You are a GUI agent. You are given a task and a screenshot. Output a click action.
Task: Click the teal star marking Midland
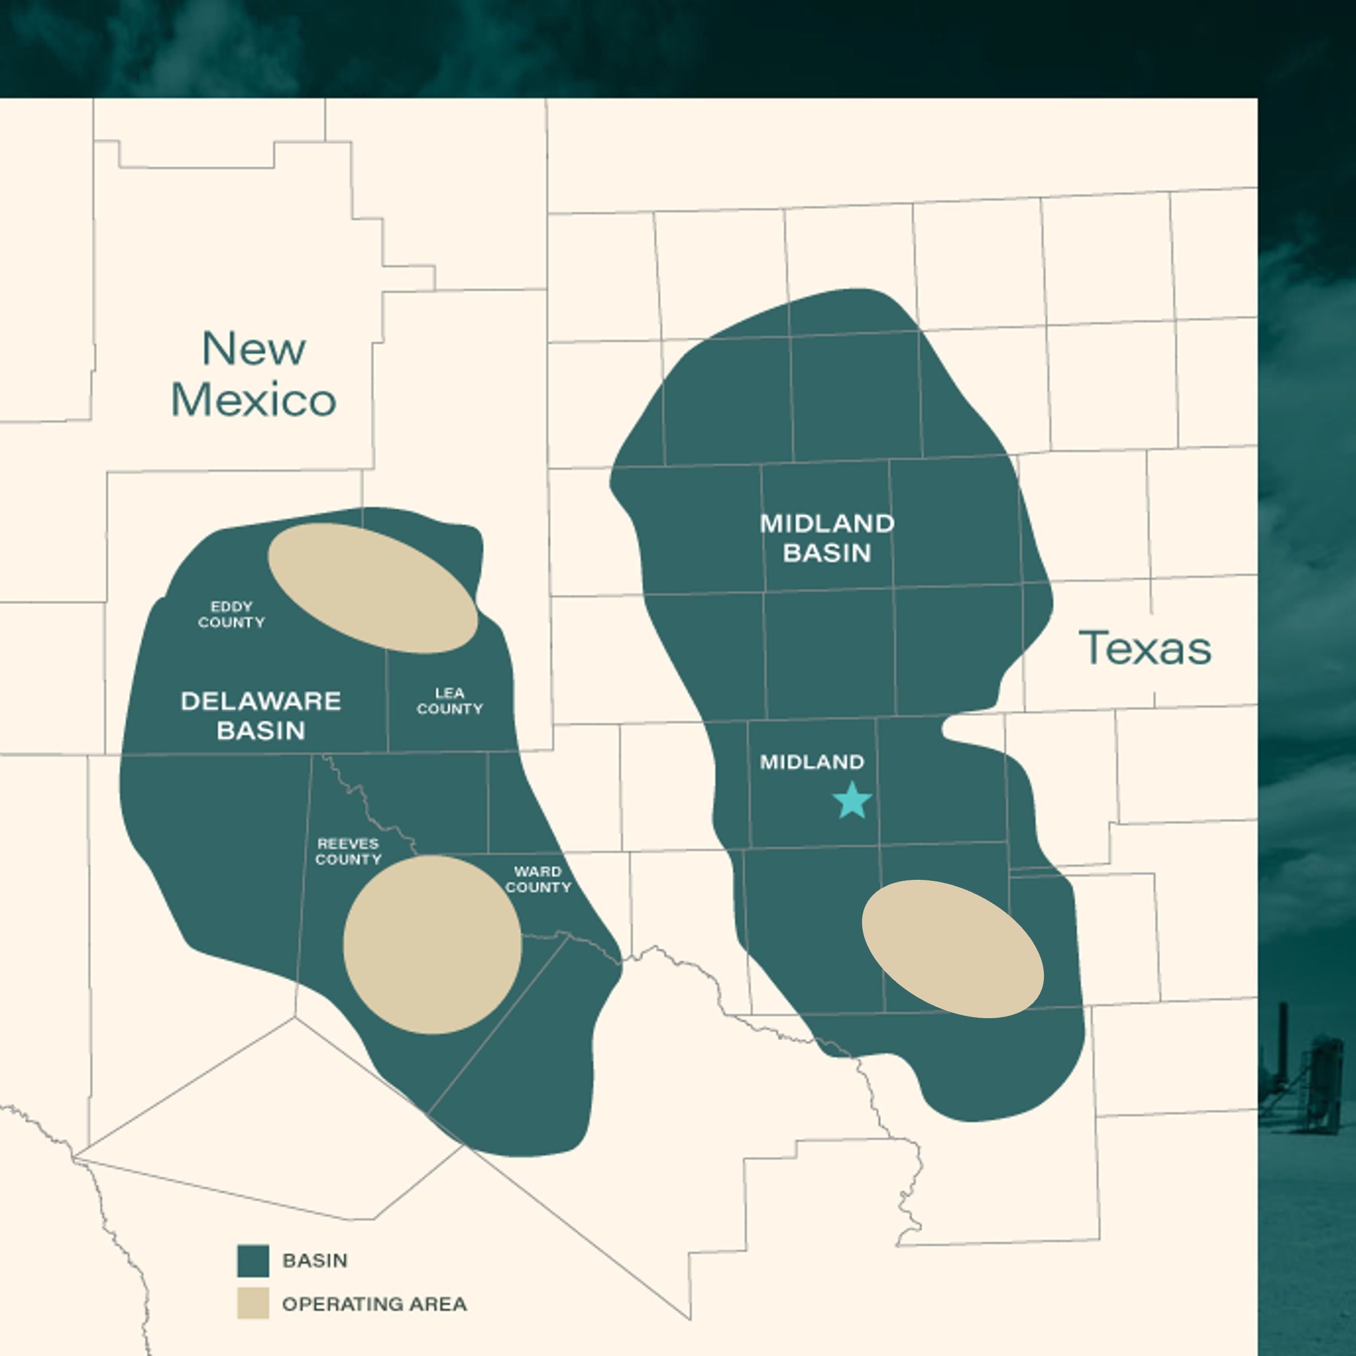pos(852,801)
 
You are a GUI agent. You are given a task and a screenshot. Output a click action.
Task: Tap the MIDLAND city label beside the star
pos(812,762)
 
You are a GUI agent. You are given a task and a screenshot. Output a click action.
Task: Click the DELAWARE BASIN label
pos(261,715)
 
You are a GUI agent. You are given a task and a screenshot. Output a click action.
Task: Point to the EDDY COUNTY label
pos(232,614)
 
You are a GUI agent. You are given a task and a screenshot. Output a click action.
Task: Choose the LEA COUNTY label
pos(450,700)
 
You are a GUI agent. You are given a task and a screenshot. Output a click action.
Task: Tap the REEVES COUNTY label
pos(348,851)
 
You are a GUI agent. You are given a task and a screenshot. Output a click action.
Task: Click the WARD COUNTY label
pos(539,879)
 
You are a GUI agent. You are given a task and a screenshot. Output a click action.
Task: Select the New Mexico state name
pos(253,373)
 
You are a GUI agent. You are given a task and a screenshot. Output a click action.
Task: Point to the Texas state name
pos(1144,648)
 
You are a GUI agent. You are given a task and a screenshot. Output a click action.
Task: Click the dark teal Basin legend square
pos(253,1261)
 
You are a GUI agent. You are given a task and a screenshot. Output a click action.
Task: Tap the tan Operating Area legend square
pos(253,1303)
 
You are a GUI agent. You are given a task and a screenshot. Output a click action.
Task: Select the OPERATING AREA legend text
pos(374,1304)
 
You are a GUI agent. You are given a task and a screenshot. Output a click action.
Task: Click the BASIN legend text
pos(314,1261)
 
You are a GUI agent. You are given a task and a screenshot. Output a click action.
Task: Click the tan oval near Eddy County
pos(373,588)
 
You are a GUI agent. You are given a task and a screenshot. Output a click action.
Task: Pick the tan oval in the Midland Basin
pos(952,948)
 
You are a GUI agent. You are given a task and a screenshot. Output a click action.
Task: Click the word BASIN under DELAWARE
pos(261,731)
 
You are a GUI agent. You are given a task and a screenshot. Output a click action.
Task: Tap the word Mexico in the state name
pos(253,400)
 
